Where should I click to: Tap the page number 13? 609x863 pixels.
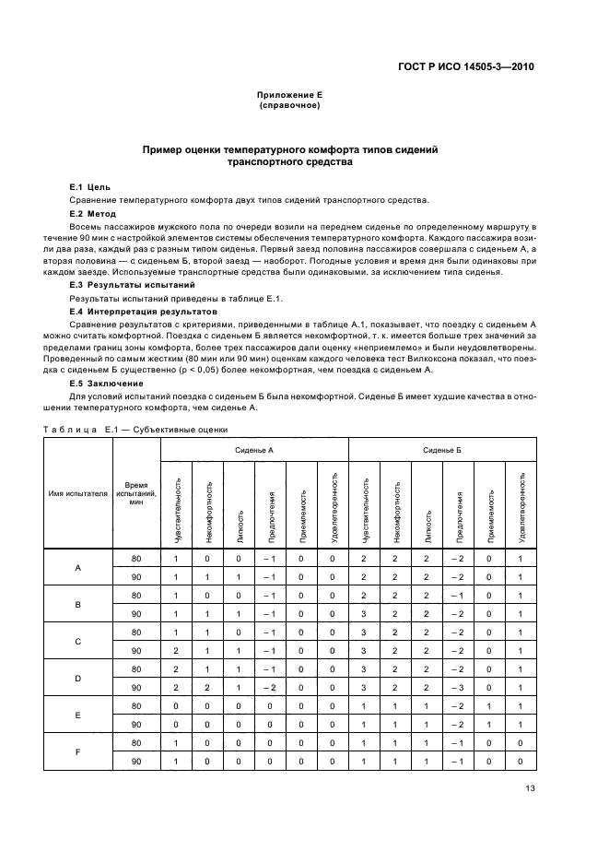530,787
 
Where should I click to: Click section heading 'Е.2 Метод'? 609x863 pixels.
93,213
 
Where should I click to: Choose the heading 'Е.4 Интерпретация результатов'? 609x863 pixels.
143,312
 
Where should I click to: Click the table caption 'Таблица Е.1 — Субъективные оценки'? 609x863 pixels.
135,429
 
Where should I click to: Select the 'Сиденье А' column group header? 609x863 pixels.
254,449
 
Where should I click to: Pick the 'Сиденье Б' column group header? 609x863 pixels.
442,449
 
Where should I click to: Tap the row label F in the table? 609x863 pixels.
78,751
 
